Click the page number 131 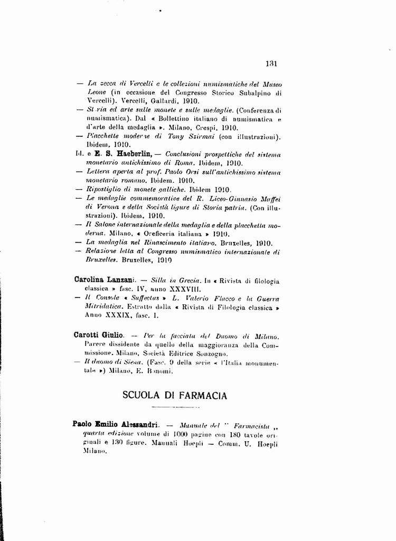271,64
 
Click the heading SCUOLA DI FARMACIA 175,395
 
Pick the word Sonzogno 210,353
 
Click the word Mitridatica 104,307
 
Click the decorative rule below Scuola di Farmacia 174,407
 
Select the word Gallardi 151,101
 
